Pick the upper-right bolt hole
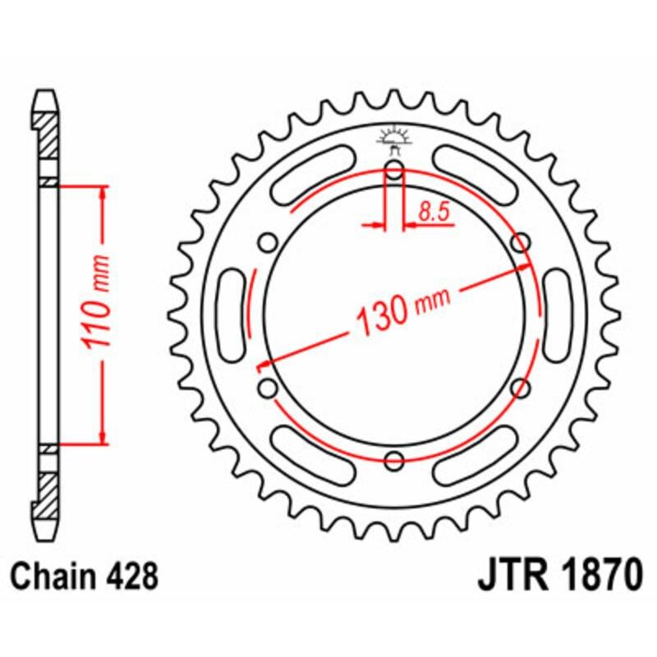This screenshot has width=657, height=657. coord(519,242)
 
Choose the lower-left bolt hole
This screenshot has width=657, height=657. coord(267,386)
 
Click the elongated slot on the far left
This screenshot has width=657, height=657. coord(232,315)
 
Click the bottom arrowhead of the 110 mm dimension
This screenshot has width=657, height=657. coord(103,439)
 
